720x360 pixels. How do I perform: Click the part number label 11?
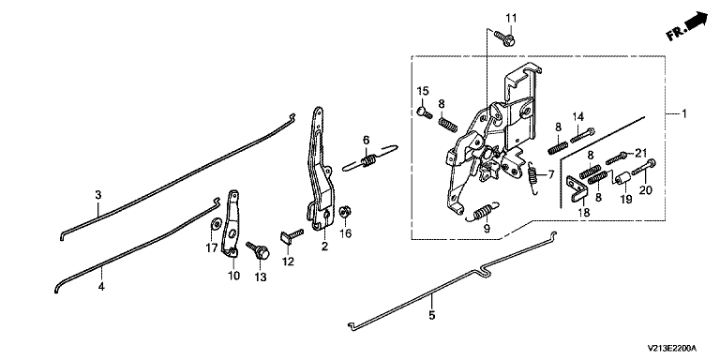pos(511,19)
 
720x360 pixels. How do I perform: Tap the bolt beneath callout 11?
pos(504,37)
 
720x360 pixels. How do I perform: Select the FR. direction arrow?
pos(686,26)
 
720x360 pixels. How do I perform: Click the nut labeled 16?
pos(344,212)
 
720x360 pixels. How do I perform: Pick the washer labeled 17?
pos(214,224)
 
